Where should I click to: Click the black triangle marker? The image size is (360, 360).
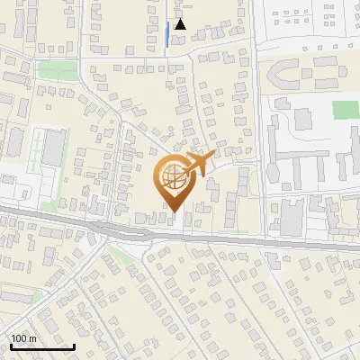point(181,24)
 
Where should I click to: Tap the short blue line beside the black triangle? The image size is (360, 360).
point(167,35)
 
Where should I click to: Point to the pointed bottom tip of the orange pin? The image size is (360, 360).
point(171,212)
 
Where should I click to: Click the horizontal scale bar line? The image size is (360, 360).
point(42,347)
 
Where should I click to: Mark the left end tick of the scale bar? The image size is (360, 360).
point(11,346)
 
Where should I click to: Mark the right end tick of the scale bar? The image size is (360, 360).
point(74,346)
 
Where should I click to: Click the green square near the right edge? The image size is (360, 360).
point(345,110)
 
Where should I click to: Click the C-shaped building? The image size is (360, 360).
point(286,74)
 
